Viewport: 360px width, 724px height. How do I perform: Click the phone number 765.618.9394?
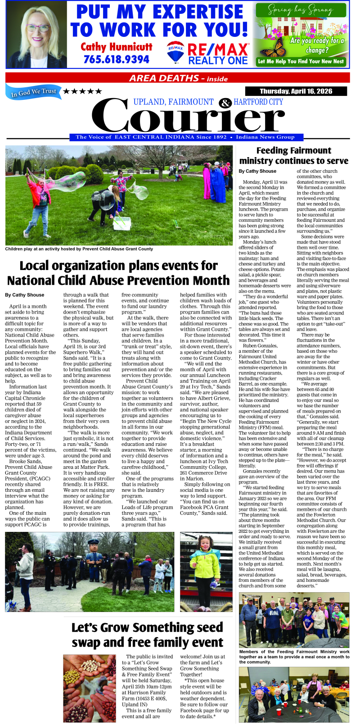click(x=116, y=59)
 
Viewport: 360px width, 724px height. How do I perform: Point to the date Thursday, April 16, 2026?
click(x=296, y=91)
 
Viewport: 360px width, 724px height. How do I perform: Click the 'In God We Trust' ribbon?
click(x=34, y=92)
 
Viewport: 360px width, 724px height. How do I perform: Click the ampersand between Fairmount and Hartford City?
click(x=225, y=103)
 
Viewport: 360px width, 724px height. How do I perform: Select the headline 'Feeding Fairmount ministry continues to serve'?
click(x=293, y=156)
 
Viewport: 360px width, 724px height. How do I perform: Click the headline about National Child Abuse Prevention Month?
click(x=118, y=273)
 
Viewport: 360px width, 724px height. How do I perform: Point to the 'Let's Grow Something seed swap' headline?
click(x=147, y=634)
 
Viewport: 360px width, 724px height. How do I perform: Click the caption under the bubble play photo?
click(x=79, y=249)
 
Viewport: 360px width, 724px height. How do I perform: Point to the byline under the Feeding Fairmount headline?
click(x=257, y=171)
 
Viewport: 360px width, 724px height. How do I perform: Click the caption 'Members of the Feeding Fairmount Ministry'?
click(x=294, y=657)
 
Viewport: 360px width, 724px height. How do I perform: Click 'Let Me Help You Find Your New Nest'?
click(x=301, y=61)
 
